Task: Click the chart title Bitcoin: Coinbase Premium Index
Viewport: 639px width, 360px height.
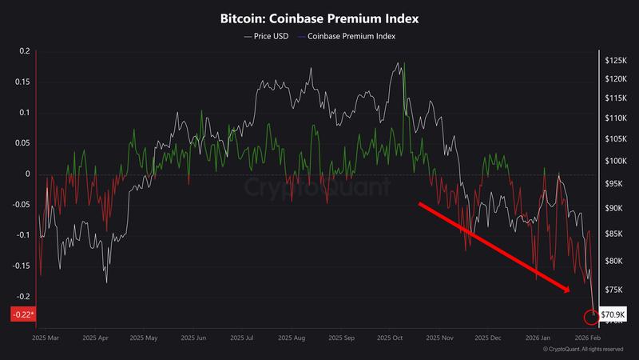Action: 319,17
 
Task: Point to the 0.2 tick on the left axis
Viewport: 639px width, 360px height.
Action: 23,51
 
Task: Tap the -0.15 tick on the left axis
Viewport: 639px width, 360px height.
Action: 20,266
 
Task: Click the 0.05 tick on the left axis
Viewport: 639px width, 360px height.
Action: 22,143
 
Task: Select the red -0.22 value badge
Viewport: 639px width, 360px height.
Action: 22,315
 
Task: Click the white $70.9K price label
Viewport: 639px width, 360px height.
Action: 613,315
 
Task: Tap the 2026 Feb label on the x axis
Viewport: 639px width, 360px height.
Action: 589,338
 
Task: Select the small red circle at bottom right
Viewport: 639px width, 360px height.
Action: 591,318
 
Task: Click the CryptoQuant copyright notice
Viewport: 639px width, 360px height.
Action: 583,350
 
